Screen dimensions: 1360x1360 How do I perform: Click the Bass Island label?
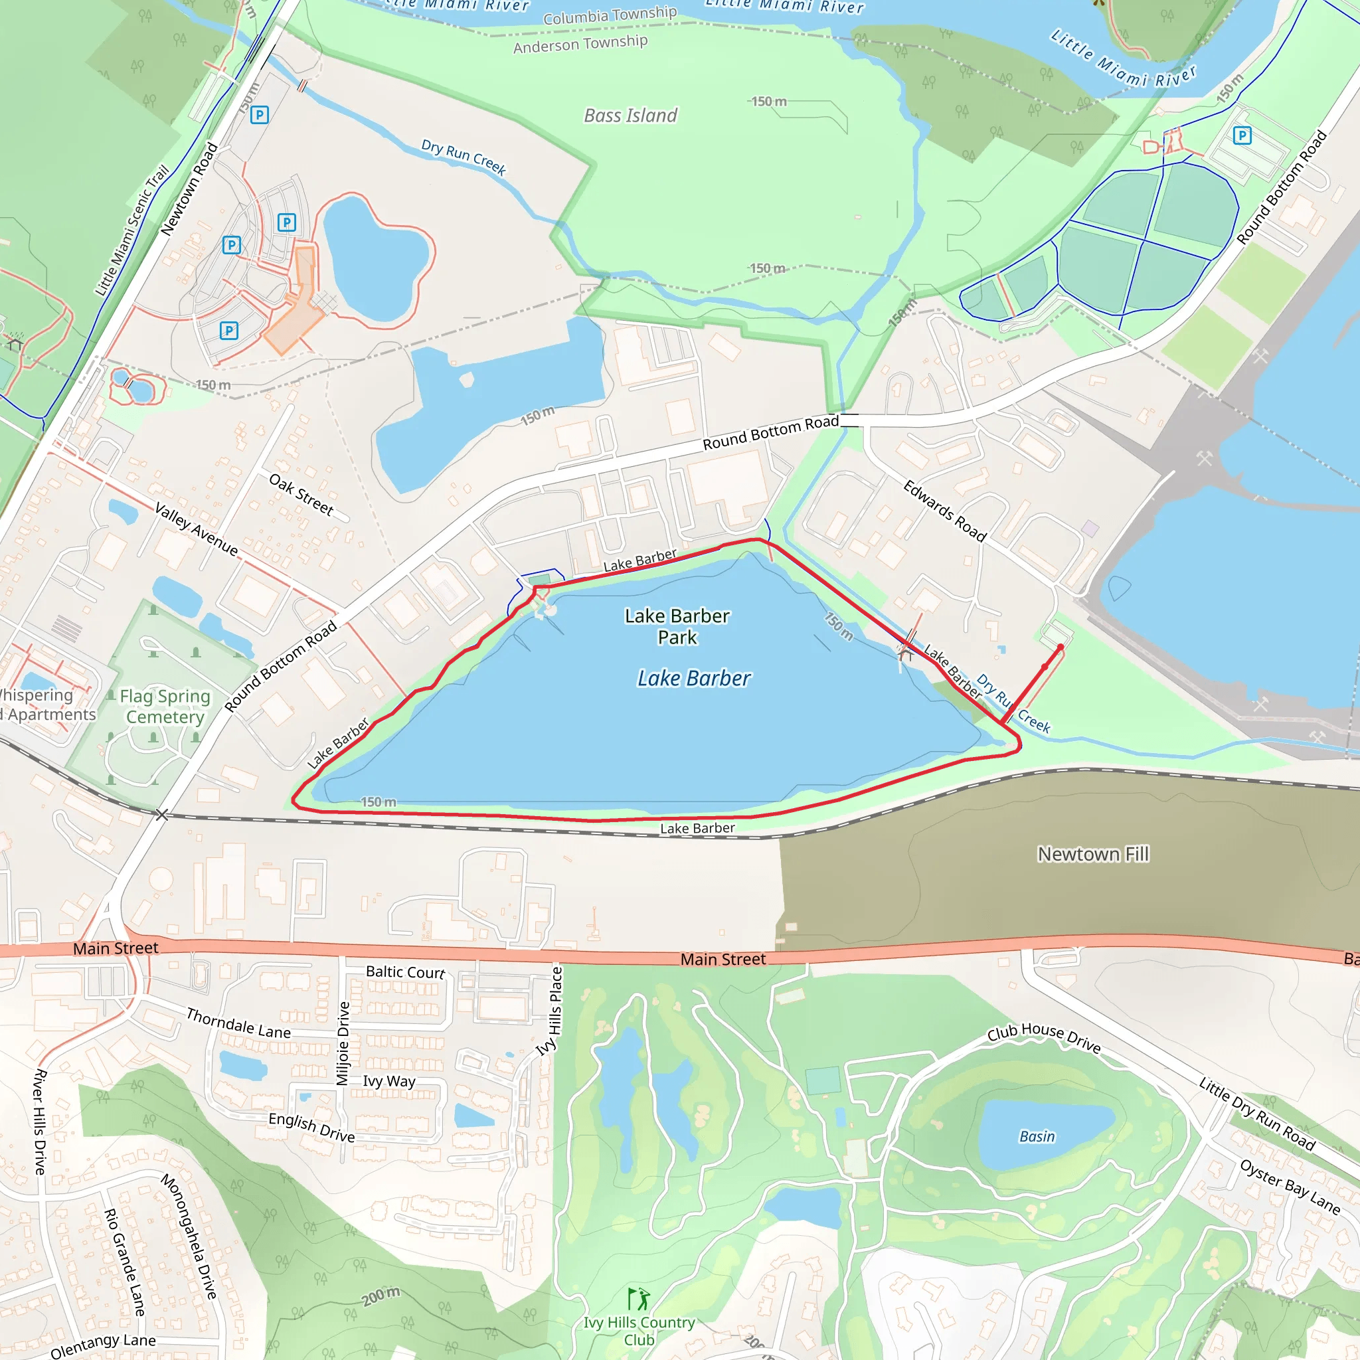click(630, 116)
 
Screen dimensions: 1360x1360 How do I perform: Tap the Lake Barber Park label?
click(677, 626)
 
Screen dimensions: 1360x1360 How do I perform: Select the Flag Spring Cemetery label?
click(165, 706)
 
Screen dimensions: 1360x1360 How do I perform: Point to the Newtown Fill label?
click(1092, 854)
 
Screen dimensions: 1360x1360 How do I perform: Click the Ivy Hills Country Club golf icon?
click(638, 1299)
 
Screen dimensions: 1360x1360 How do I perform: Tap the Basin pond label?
click(1037, 1137)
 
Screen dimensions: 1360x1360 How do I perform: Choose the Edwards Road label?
click(945, 511)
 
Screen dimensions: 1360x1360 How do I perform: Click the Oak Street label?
click(301, 494)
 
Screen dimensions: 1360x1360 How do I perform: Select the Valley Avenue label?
click(197, 529)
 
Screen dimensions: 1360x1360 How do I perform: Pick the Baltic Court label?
click(406, 972)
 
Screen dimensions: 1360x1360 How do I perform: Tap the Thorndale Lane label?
click(238, 1023)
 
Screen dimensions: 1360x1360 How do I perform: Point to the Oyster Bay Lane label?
click(1290, 1187)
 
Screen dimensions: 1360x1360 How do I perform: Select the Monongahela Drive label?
click(189, 1236)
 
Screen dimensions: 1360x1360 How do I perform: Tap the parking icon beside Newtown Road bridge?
click(259, 115)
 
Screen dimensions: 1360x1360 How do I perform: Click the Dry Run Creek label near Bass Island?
click(464, 156)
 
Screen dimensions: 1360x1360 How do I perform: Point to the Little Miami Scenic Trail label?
click(132, 230)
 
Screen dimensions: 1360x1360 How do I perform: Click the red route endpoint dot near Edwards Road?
click(1061, 647)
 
